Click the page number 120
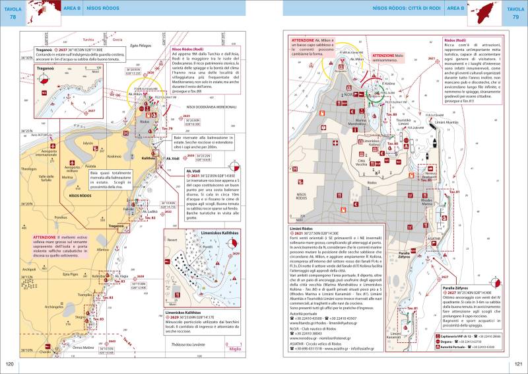click(x=9, y=364)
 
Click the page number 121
click(x=519, y=364)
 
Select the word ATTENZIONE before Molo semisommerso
click(x=385, y=56)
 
